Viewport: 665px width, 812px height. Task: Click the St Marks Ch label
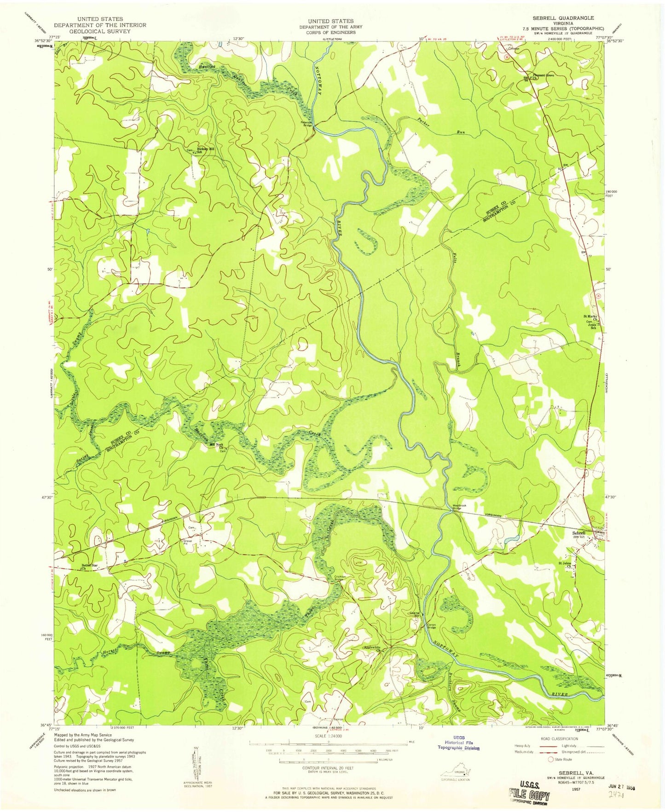click(591, 316)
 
